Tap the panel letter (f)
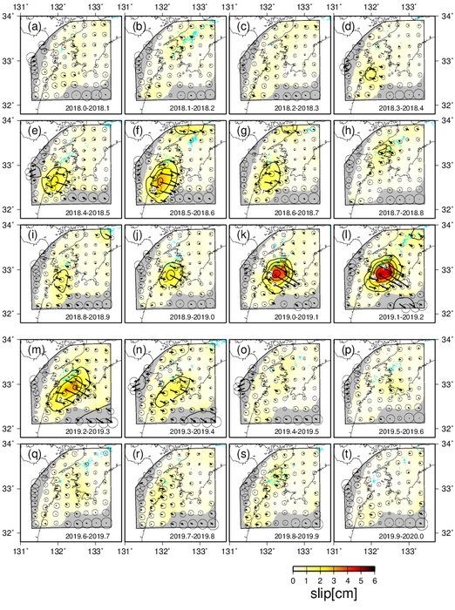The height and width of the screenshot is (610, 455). [139, 134]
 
